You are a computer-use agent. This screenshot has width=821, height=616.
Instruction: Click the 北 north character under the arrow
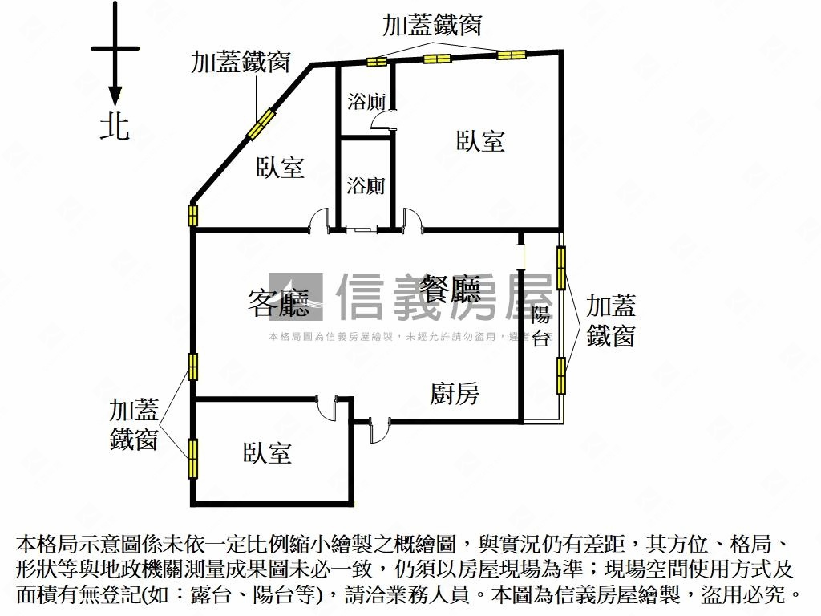click(115, 125)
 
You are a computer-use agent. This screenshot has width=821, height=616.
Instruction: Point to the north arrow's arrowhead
click(115, 95)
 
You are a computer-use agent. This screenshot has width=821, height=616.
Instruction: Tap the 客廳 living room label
click(278, 303)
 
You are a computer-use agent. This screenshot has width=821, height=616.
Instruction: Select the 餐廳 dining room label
click(451, 286)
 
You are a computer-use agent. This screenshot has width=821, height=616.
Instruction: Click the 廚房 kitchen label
click(455, 394)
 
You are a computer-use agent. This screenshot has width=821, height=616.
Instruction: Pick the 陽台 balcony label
click(541, 326)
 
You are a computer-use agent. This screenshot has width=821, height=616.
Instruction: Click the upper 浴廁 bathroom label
click(366, 102)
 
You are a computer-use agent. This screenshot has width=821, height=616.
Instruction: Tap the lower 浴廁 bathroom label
click(366, 186)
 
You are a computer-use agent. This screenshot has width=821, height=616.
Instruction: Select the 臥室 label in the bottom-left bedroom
click(267, 453)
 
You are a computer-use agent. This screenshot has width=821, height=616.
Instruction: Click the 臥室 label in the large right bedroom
click(480, 141)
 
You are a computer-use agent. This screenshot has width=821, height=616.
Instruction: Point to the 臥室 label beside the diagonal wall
click(280, 168)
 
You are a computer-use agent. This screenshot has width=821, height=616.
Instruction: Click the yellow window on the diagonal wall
click(261, 124)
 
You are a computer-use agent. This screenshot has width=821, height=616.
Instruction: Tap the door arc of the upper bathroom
click(383, 122)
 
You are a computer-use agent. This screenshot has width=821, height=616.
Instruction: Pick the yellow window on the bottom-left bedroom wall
click(192, 459)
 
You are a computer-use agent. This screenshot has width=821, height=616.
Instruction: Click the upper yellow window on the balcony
click(561, 269)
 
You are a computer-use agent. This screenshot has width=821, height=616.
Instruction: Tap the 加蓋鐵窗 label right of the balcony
click(611, 320)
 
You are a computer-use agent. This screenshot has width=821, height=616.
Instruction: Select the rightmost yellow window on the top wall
click(511, 55)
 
